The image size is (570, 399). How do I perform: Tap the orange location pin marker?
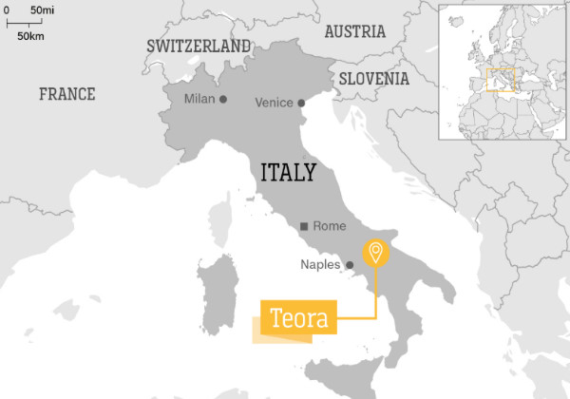click(375, 253)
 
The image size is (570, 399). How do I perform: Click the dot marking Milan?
click(223, 99)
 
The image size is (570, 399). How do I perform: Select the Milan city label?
click(200, 100)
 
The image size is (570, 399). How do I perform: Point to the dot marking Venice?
click(300, 104)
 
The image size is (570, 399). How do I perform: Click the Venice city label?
click(275, 104)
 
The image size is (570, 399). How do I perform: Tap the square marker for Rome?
click(303, 226)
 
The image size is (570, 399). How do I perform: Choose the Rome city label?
click(329, 226)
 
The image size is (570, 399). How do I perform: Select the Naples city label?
click(320, 265)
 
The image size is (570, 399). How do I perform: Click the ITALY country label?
click(289, 172)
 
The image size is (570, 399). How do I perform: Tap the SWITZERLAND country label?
click(199, 46)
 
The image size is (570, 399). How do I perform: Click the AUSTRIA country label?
click(354, 31)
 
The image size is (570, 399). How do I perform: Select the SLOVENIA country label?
click(374, 79)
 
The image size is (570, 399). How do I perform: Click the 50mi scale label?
click(41, 9)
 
